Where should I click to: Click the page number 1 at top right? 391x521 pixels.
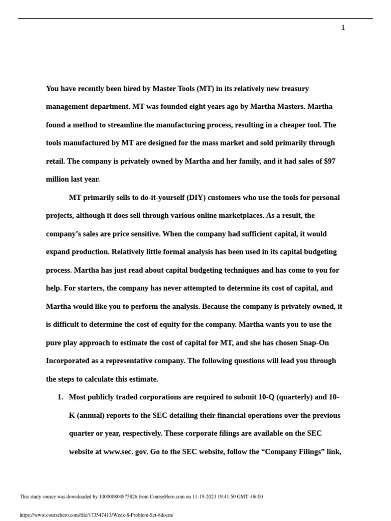point(343,28)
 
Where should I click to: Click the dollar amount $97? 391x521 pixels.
point(329,161)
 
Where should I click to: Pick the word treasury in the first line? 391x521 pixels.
point(292,89)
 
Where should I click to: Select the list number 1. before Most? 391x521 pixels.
point(60,397)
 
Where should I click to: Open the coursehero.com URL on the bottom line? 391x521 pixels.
point(97,515)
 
